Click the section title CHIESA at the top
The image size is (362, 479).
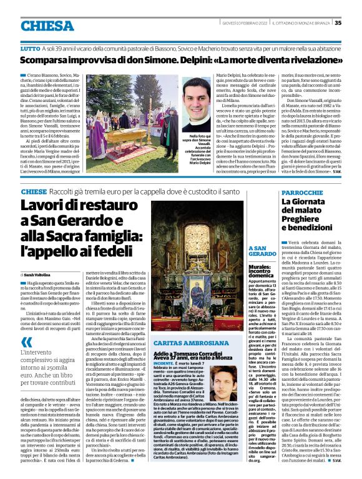(x=47, y=26)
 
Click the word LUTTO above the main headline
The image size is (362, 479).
(x=29, y=48)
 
